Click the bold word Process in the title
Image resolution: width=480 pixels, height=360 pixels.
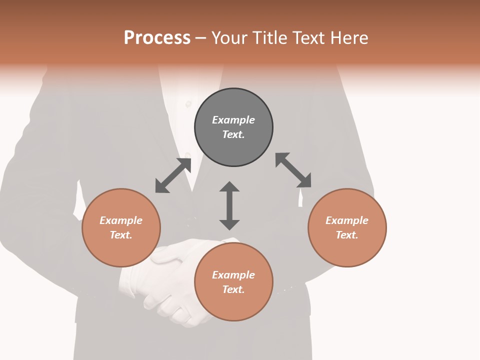(x=157, y=38)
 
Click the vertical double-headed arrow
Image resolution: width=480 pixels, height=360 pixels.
(x=229, y=206)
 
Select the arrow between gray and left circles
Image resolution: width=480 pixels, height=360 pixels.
(x=173, y=175)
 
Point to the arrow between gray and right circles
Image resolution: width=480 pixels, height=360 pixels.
(x=293, y=170)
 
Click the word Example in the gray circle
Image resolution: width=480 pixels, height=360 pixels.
(x=233, y=120)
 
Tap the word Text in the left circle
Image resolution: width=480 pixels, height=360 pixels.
(x=121, y=235)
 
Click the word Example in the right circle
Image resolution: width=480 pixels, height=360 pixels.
(x=347, y=220)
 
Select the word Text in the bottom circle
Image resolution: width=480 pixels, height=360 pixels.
(x=233, y=289)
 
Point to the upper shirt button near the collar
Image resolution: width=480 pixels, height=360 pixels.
(x=188, y=104)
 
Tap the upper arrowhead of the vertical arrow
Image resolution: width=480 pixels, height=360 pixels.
(x=229, y=187)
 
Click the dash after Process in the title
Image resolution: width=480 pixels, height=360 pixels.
(x=201, y=38)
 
